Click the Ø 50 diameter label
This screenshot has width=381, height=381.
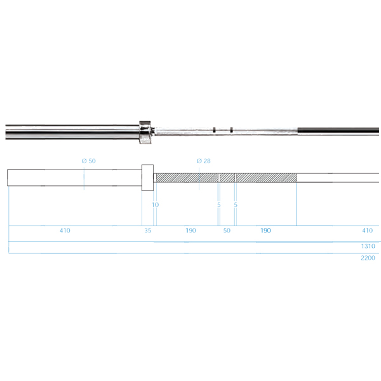click(89, 161)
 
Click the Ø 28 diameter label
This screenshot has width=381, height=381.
click(204, 161)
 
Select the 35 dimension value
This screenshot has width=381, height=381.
click(148, 231)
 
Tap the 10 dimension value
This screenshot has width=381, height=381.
click(156, 205)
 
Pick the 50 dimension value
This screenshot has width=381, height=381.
click(227, 231)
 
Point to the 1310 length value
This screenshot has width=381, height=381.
click(368, 246)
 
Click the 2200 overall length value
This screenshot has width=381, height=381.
click(368, 258)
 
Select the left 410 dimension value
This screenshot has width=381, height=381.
click(65, 231)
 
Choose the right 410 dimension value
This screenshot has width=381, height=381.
click(368, 231)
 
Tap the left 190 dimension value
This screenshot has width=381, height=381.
click(190, 231)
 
